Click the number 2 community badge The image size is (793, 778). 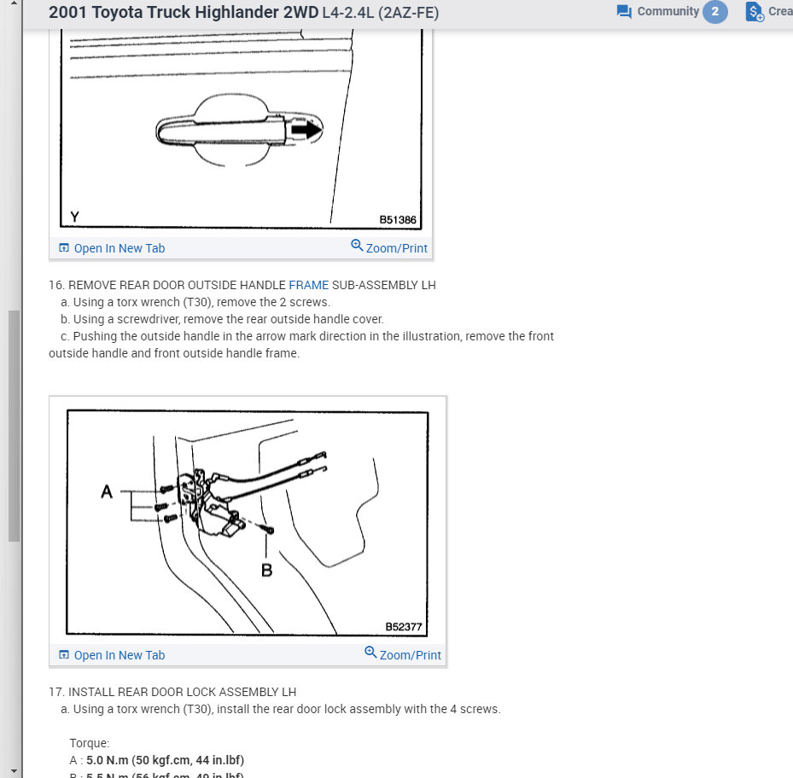715,12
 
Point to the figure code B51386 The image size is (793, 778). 398,219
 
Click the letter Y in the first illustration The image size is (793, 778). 74,218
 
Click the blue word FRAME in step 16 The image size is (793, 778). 308,285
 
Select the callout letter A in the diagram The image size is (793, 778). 107,491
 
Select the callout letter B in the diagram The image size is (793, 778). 266,570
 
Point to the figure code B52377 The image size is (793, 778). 404,626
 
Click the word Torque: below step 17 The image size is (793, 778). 90,743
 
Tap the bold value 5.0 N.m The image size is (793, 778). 109,760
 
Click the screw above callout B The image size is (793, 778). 269,531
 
